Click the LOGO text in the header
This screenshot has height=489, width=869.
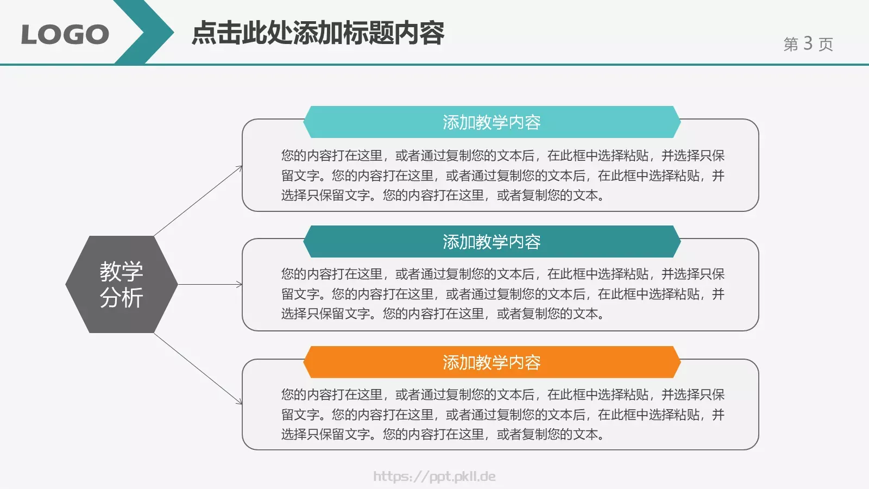[x=65, y=35]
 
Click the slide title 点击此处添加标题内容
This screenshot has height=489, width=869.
[x=318, y=33]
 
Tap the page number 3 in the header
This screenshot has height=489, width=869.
[x=808, y=43]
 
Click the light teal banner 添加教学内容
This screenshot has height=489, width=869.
[x=492, y=122]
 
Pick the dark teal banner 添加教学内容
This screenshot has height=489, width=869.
[x=492, y=242]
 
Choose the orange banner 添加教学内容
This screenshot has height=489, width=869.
[x=492, y=362]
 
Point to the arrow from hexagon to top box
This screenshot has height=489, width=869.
[x=198, y=200]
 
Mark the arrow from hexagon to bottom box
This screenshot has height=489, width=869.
[x=198, y=368]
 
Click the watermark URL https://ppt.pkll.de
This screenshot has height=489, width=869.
[x=434, y=477]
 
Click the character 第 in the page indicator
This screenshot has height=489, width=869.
[x=791, y=44]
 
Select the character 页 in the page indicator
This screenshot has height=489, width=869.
[x=826, y=44]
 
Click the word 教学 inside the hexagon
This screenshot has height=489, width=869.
[x=122, y=271]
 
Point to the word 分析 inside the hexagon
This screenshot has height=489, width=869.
[x=122, y=298]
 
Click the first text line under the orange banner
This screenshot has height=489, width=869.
[x=503, y=394]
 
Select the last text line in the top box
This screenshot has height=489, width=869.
[x=443, y=195]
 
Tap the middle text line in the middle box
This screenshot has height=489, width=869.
[x=503, y=294]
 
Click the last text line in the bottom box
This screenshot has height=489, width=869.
[x=443, y=434]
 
